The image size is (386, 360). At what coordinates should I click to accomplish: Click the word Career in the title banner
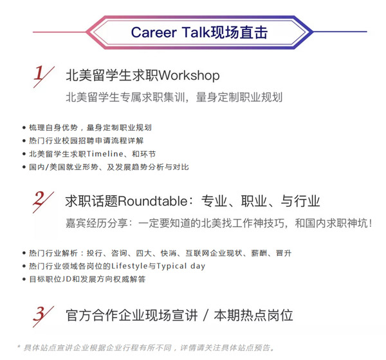pyautogui.click(x=154, y=32)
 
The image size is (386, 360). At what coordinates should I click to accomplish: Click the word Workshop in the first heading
pyautogui.click(x=189, y=75)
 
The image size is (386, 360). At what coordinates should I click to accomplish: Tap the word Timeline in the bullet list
pyautogui.click(x=105, y=154)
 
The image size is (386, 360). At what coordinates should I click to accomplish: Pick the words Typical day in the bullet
pyautogui.click(x=181, y=266)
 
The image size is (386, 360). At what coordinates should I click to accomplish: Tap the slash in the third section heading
pyautogui.click(x=206, y=316)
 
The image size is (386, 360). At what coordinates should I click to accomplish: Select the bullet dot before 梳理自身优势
pyautogui.click(x=24, y=128)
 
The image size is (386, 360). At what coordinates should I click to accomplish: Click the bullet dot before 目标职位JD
pyautogui.click(x=24, y=279)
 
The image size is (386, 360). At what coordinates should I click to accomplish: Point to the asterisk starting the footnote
pyautogui.click(x=19, y=346)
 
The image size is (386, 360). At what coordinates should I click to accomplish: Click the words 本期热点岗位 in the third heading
pyautogui.click(x=253, y=316)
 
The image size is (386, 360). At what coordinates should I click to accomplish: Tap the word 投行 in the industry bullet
pyautogui.click(x=95, y=253)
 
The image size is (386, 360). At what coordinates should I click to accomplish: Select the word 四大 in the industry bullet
pyautogui.click(x=143, y=253)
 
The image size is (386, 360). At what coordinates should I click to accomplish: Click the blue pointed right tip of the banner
pyautogui.click(x=313, y=32)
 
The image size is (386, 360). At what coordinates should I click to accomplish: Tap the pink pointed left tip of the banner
pyautogui.click(x=87, y=32)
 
